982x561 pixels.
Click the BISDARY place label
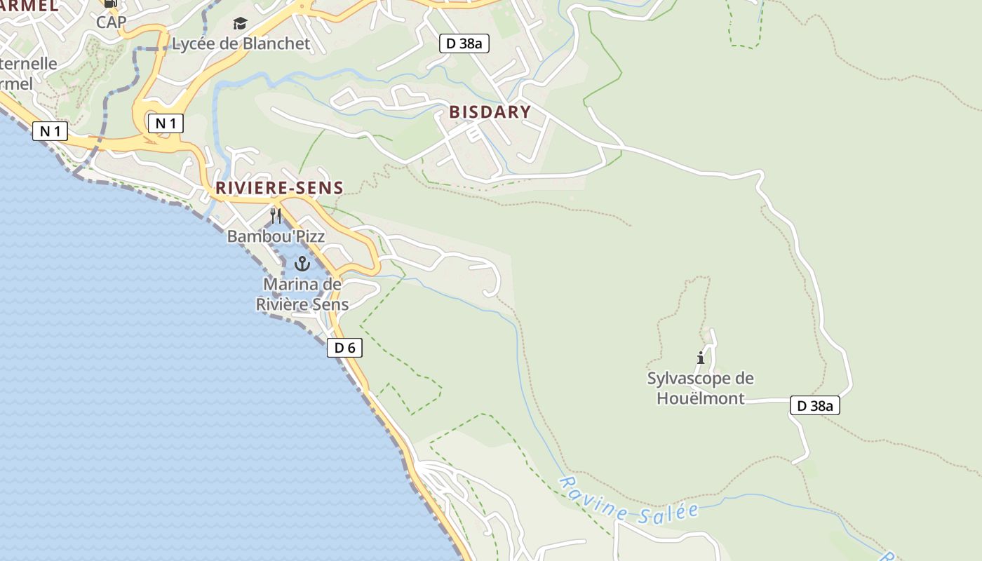[x=490, y=112]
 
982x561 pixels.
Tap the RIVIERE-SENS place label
[x=279, y=188]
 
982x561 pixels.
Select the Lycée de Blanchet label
[x=241, y=43]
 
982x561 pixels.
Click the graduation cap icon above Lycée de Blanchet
[x=241, y=24]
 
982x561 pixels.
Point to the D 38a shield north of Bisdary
[x=464, y=43]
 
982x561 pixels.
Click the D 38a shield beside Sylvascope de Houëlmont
[x=814, y=405]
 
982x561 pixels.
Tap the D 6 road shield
[x=344, y=347]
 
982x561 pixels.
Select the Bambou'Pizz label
[x=276, y=236]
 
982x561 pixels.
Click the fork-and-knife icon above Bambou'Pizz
[x=276, y=215]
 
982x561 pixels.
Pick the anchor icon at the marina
[x=302, y=264]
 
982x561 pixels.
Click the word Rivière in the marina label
[x=281, y=304]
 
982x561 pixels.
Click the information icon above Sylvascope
[x=700, y=358]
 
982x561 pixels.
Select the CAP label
[x=111, y=22]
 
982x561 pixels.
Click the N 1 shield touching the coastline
[x=50, y=131]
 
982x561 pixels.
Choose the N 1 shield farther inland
[x=166, y=124]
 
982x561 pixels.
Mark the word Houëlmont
[x=700, y=398]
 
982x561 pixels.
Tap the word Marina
[x=302, y=285]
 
